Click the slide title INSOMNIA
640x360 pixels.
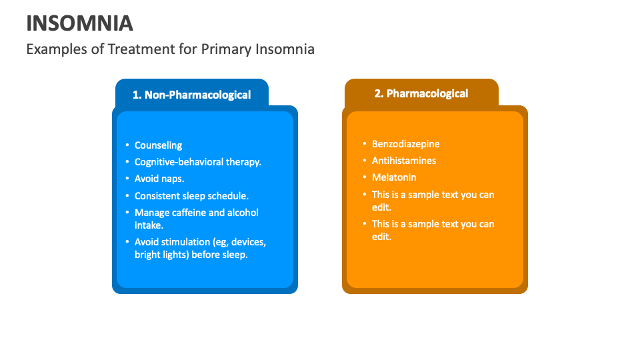(79, 23)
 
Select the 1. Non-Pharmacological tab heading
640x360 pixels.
(191, 95)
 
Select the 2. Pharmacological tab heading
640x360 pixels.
(421, 93)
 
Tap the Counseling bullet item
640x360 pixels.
(158, 145)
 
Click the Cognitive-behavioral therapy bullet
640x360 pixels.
(197, 162)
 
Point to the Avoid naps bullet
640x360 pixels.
(159, 179)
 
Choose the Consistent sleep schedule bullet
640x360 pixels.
(191, 196)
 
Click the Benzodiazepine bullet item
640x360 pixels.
(405, 144)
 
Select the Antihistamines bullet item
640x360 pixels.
(404, 161)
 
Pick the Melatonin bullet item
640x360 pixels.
(394, 177)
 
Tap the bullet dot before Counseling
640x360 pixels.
(127, 145)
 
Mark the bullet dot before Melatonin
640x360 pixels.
(365, 177)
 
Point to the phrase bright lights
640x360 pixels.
(161, 255)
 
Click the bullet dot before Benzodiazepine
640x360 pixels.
(365, 144)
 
